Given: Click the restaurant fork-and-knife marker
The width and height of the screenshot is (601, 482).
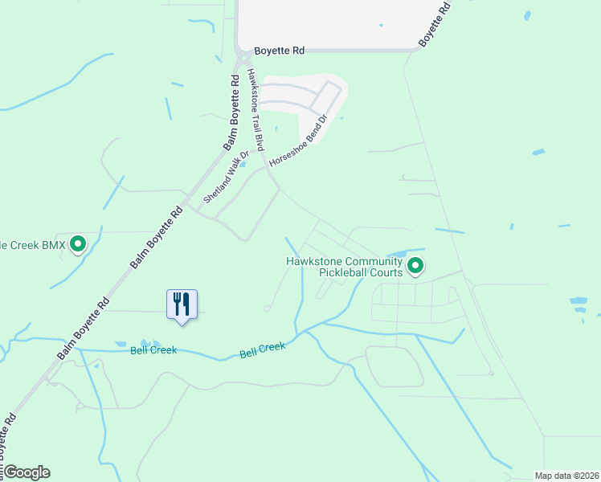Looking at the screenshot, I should tap(181, 304).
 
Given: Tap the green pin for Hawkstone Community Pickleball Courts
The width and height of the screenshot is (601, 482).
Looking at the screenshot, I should tap(415, 265).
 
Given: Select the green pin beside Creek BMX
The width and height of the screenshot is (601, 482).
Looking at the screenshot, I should tap(78, 243).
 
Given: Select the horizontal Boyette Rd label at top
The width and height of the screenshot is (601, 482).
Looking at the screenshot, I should tap(279, 51).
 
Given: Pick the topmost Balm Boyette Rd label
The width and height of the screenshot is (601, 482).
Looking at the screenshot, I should tap(233, 113).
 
